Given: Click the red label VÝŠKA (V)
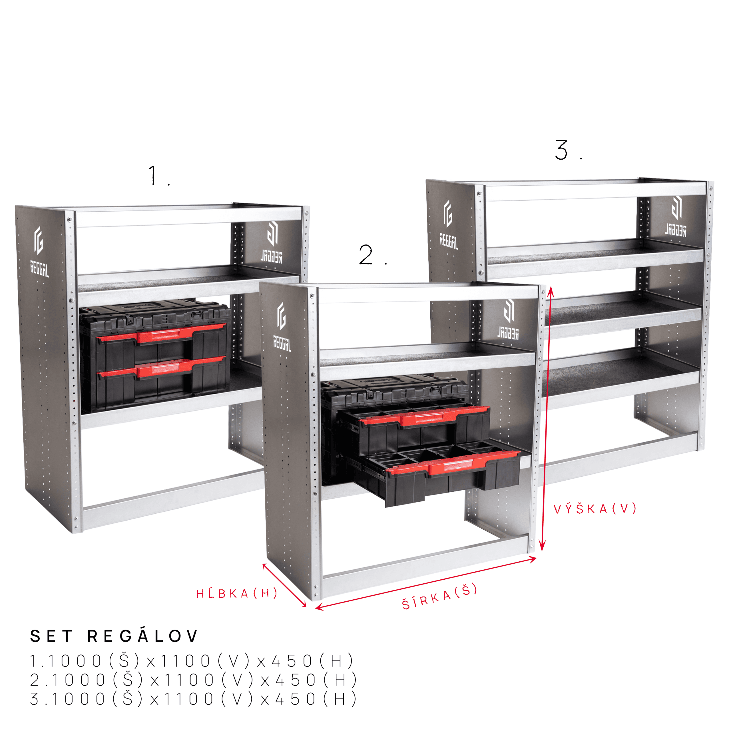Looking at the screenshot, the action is point(595,509).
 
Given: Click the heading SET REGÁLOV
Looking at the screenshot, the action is point(114,636).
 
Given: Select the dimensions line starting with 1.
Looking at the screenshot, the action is point(192,661).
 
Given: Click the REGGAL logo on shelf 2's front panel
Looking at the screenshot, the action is point(282,327).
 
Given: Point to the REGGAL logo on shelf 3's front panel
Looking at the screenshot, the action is point(448,225).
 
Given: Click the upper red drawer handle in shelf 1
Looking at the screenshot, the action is point(162,334).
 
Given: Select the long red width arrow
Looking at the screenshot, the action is point(426,583).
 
